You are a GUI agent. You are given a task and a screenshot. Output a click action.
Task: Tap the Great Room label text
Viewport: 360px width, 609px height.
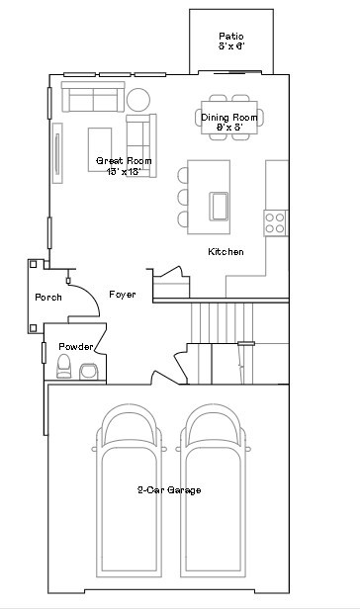124,165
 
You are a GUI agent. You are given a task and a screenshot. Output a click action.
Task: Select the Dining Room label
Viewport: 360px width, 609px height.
223,122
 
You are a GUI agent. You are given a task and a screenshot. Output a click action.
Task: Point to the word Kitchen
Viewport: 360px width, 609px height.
225,252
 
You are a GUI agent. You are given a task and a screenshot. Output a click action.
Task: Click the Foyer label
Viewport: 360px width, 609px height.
123,295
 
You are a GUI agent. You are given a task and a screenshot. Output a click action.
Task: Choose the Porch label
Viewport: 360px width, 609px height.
48,297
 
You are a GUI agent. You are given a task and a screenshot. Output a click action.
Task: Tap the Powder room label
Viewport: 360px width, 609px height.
76,347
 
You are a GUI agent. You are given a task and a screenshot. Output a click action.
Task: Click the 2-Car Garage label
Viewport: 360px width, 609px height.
169,489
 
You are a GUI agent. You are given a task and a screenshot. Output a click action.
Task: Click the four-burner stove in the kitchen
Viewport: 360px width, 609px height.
275,222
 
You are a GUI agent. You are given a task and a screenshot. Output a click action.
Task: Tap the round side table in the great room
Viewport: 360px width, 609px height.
138,99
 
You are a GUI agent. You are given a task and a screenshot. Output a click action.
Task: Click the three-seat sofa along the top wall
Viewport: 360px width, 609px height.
91,97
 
